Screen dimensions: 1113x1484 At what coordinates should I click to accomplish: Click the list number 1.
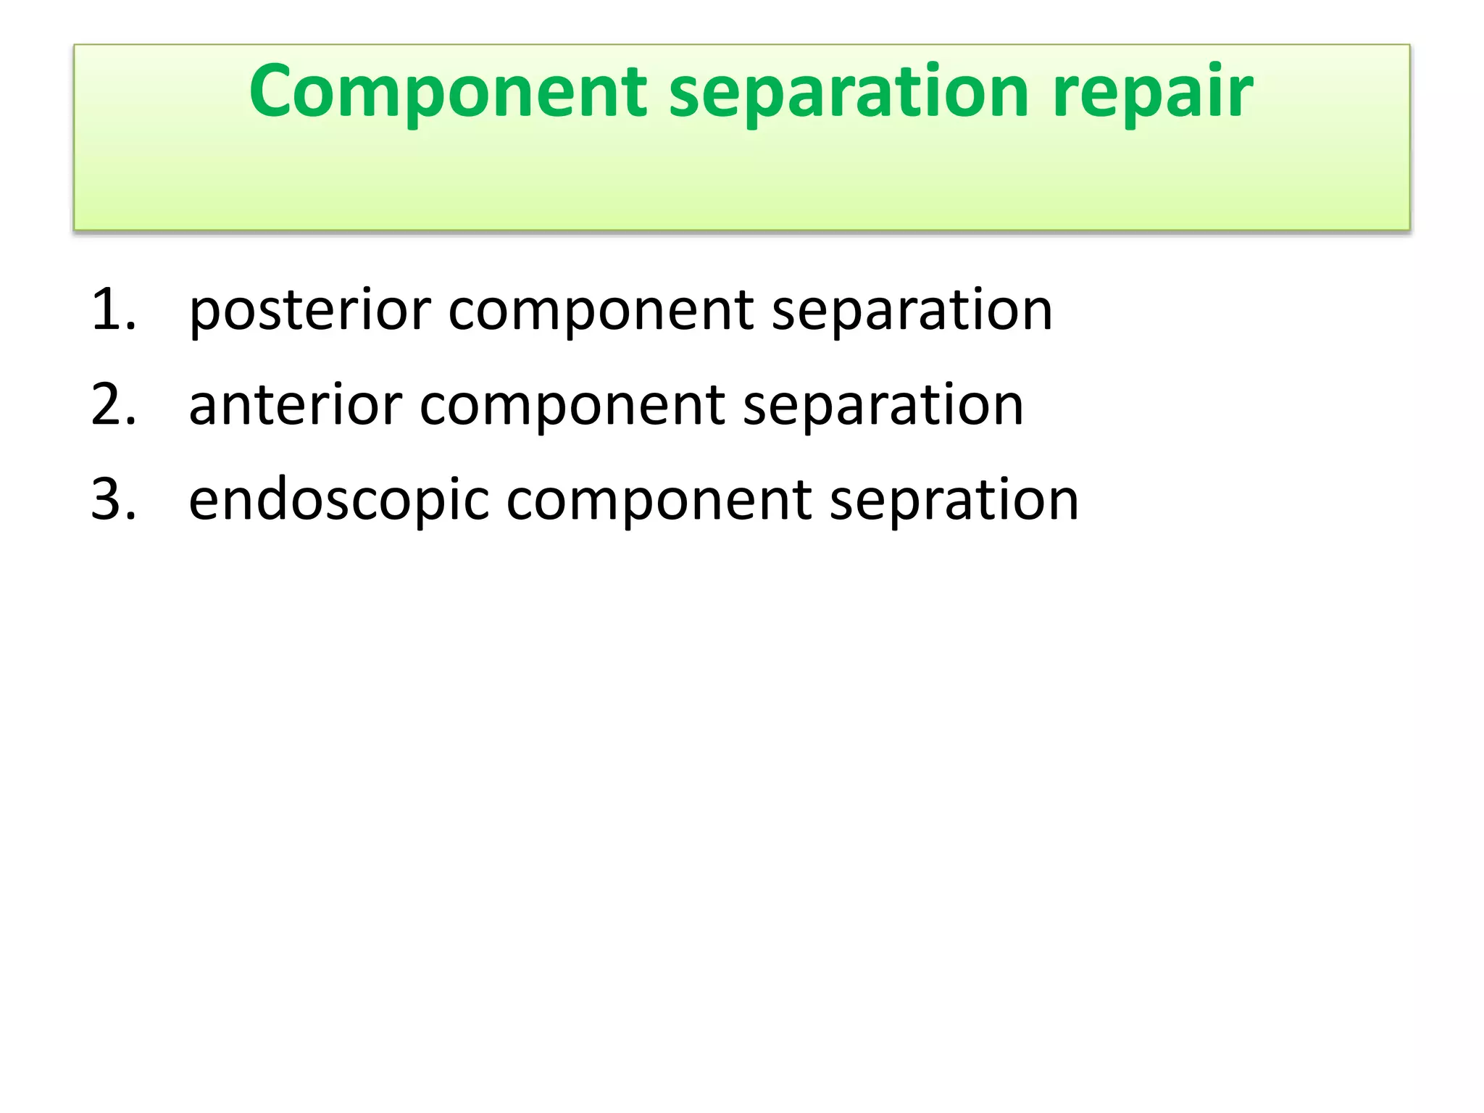(x=112, y=310)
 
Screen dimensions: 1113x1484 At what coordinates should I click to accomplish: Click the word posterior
(x=309, y=310)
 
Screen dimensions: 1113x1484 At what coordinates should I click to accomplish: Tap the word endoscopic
(x=338, y=501)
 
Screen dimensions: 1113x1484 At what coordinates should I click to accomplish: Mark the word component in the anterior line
(x=572, y=406)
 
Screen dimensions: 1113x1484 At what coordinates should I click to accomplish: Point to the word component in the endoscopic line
(x=659, y=501)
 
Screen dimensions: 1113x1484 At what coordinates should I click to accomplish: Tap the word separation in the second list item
(x=883, y=406)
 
